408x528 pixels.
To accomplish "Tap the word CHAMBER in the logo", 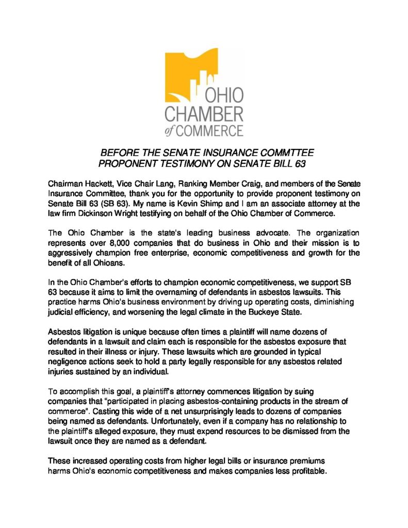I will click(x=204, y=113).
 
